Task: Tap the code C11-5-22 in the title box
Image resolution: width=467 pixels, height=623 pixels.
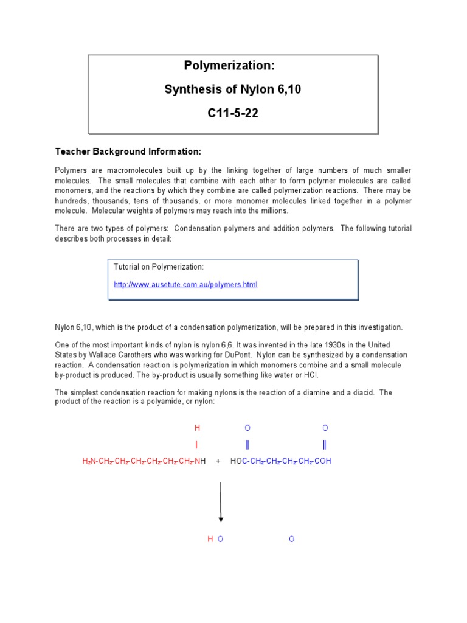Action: pyautogui.click(x=233, y=114)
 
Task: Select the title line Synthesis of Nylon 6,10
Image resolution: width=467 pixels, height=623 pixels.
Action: pyautogui.click(x=233, y=90)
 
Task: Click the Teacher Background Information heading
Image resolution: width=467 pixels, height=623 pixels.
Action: pyautogui.click(x=128, y=151)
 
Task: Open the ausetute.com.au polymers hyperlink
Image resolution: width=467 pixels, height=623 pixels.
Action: pyautogui.click(x=185, y=285)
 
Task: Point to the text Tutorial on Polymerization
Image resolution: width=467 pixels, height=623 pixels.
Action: pyautogui.click(x=159, y=267)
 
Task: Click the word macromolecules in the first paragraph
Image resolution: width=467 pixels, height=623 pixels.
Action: pyautogui.click(x=121, y=171)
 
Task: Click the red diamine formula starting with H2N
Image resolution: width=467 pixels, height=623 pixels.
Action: pyautogui.click(x=144, y=461)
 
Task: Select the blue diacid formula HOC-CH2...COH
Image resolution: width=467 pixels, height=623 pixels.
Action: pyautogui.click(x=281, y=461)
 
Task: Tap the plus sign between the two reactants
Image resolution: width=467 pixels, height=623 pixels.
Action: pyautogui.click(x=218, y=461)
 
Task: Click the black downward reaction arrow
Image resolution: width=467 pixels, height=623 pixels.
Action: pyautogui.click(x=221, y=502)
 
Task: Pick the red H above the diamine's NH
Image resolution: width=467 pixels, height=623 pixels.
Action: pyautogui.click(x=197, y=428)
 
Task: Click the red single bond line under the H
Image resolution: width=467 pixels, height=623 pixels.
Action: pyautogui.click(x=196, y=445)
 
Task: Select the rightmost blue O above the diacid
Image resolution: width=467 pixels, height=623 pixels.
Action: pyautogui.click(x=325, y=428)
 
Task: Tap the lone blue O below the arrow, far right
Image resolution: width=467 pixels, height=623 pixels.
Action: pyautogui.click(x=291, y=539)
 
